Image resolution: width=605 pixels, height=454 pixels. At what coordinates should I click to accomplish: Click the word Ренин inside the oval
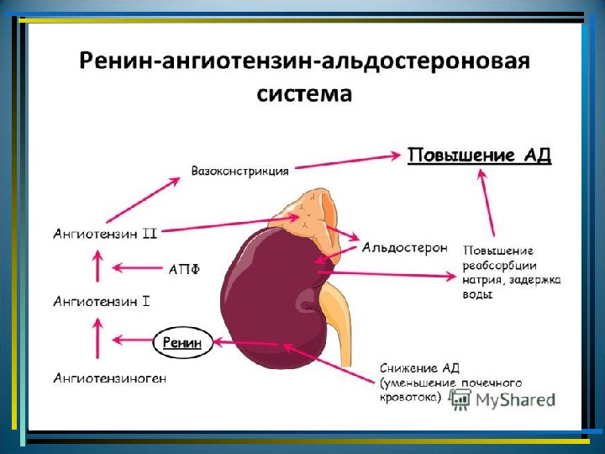point(181,342)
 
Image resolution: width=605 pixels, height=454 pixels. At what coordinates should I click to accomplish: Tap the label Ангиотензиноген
point(109,378)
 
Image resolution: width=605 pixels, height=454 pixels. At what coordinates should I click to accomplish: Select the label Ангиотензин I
point(102,299)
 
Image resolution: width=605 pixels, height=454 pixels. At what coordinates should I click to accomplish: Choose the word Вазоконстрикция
point(240,170)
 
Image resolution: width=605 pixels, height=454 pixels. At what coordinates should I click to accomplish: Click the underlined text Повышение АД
point(479,156)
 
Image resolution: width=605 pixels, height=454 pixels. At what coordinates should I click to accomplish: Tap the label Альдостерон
point(404,248)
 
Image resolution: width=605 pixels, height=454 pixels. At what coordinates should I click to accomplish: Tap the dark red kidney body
point(269,294)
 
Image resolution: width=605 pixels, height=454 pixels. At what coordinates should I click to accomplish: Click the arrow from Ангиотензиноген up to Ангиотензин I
point(99,342)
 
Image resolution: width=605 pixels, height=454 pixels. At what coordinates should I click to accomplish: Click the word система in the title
point(303,91)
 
